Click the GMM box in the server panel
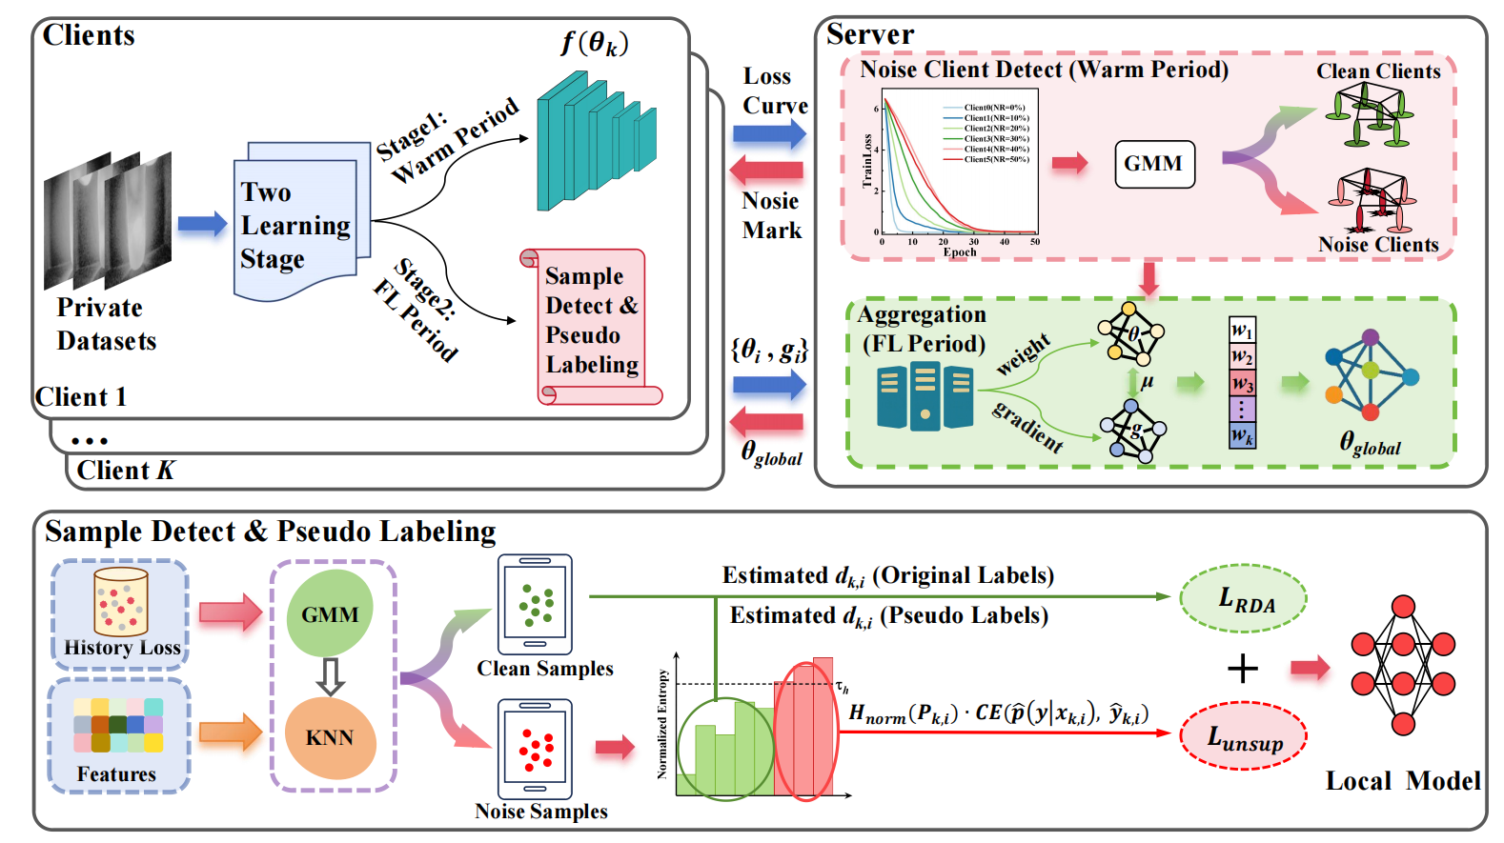pos(1153,164)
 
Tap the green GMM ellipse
pos(330,613)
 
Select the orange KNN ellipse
pos(330,738)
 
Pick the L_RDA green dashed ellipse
pos(1244,599)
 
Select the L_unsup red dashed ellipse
pos(1244,735)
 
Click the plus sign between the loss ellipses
pos(1243,668)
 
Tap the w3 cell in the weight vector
pos(1242,383)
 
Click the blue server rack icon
pos(924,395)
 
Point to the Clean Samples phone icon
pos(536,604)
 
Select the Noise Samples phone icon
pos(536,749)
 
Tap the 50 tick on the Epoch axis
pos(1035,242)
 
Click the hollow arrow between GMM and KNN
pos(330,675)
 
